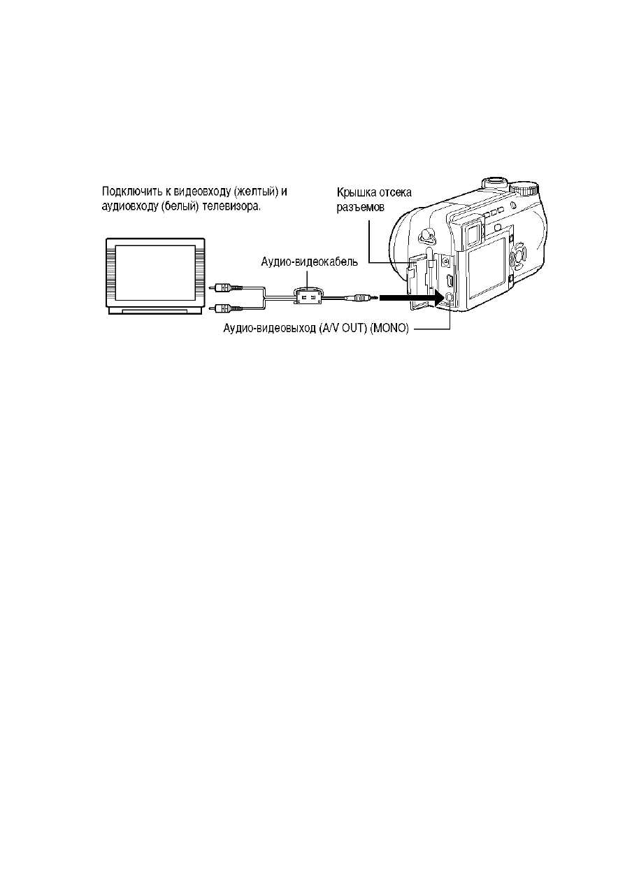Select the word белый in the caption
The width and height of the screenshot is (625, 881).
[x=180, y=206]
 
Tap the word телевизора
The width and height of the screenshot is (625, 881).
[x=231, y=206]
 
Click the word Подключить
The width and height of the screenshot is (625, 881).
[x=130, y=192]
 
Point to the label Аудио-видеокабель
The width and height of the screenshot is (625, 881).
[x=310, y=262]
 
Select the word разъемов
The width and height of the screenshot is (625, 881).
[x=360, y=207]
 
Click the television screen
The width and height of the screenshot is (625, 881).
[x=155, y=272]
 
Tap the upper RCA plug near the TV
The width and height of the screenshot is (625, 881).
[x=227, y=287]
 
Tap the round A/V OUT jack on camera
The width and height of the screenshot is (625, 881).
[x=448, y=297]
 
